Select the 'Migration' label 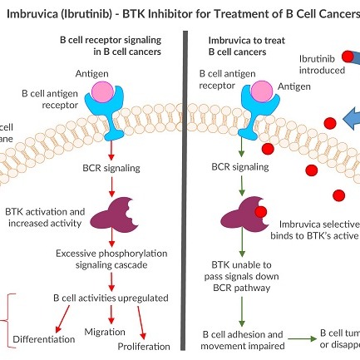point(104,332)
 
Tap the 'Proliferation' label point(143,346)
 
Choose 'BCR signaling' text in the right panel point(239,166)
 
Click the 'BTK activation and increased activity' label point(43,218)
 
